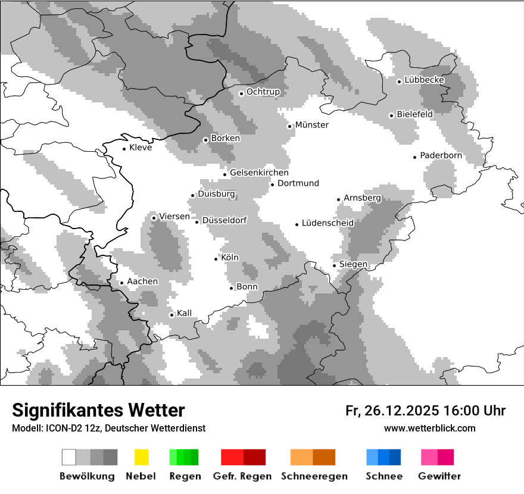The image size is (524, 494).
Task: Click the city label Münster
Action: click(311, 125)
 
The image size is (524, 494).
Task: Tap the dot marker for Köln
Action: click(216, 259)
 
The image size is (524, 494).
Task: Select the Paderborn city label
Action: click(441, 155)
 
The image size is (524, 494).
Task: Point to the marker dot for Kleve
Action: click(124, 149)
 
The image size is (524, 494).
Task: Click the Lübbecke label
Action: click(424, 80)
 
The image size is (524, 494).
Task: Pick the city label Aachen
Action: click(142, 281)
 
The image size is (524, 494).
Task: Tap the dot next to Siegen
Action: click(335, 265)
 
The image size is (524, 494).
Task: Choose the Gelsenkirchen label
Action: click(259, 173)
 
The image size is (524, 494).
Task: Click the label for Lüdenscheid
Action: click(327, 223)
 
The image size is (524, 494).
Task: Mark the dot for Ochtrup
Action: click(241, 93)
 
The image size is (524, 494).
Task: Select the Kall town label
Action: click(184, 313)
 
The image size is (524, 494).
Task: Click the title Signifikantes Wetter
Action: click(98, 410)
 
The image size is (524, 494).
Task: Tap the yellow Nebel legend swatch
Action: click(141, 457)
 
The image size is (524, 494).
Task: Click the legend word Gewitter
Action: click(439, 476)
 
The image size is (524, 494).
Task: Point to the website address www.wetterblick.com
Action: click(429, 428)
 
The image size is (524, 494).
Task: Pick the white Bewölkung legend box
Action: click(69, 457)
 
